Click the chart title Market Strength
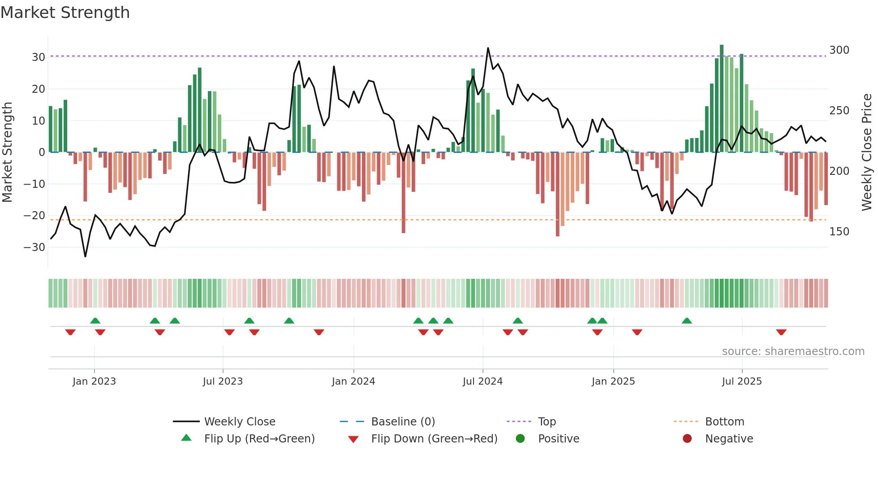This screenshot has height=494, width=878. tap(65, 13)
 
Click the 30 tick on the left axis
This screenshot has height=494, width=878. tap(39, 57)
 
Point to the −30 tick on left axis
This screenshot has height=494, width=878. tap(34, 247)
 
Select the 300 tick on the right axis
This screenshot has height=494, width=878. tap(839, 50)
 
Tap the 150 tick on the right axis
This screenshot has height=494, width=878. tap(839, 232)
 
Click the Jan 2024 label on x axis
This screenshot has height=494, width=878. tap(353, 381)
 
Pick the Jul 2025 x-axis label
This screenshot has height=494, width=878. tap(741, 381)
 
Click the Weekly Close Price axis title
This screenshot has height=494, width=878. tap(867, 152)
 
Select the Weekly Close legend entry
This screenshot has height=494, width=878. tap(239, 422)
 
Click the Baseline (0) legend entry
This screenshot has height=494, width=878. tap(403, 422)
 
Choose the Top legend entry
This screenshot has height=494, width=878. tap(547, 422)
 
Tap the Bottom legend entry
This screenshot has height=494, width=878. tap(724, 422)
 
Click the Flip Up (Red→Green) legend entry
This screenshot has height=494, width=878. tap(259, 439)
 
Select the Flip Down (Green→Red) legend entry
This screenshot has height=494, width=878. tap(434, 439)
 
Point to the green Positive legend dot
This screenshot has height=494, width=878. tap(520, 438)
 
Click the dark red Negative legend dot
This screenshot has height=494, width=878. tap(687, 438)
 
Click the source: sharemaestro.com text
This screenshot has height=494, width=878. tap(793, 351)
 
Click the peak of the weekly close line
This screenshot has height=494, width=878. tap(488, 48)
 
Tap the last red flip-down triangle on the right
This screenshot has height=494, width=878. tap(781, 332)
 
